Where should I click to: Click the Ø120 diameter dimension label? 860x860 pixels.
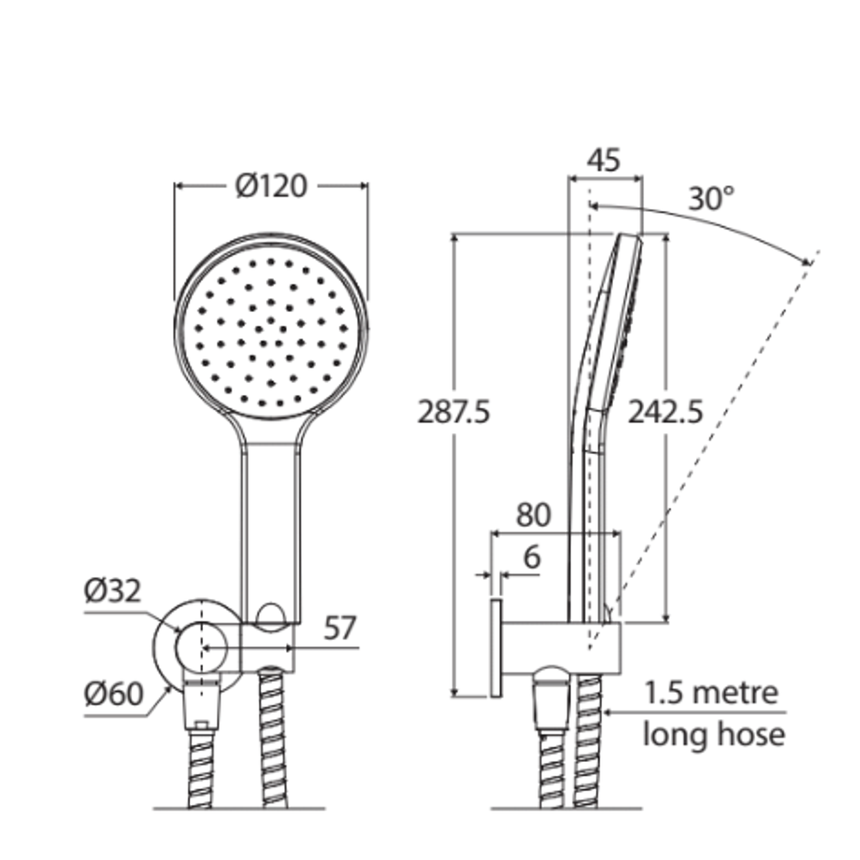click(x=271, y=186)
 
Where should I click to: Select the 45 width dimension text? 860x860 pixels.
click(x=604, y=160)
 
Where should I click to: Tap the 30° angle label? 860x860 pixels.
click(x=711, y=198)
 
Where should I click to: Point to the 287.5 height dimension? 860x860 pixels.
click(x=454, y=412)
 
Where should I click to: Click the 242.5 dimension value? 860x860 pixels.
click(x=666, y=412)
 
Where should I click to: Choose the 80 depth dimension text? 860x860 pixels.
click(x=533, y=516)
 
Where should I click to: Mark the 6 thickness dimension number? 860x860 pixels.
click(x=531, y=557)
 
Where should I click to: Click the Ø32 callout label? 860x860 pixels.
click(x=113, y=592)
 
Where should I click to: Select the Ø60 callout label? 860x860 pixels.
click(x=113, y=694)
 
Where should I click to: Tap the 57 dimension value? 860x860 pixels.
click(x=340, y=630)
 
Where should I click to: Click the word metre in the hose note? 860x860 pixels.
click(x=733, y=694)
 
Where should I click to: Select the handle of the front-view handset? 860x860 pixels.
click(x=271, y=526)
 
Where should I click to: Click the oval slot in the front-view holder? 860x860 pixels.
click(x=272, y=613)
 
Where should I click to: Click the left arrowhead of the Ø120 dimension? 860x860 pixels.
click(x=178, y=186)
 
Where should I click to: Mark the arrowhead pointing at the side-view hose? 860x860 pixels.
click(x=608, y=713)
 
